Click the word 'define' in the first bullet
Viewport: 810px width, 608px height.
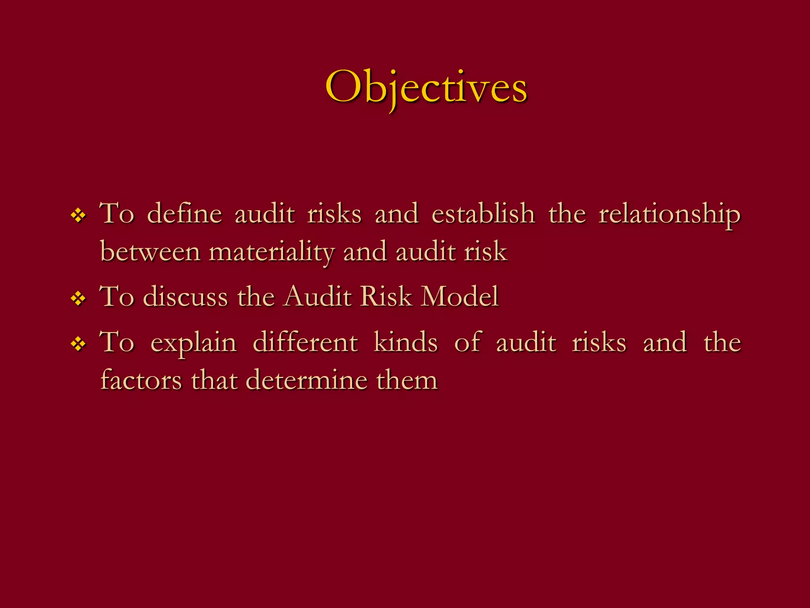[184, 214]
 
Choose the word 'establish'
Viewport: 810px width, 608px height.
[483, 214]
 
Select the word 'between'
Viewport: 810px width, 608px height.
[150, 252]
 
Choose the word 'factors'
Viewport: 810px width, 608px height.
[141, 380]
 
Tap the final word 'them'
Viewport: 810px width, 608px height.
[407, 380]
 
